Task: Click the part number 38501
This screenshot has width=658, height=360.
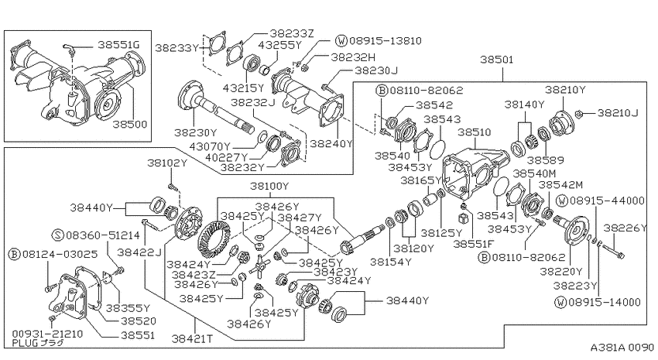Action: coord(496,60)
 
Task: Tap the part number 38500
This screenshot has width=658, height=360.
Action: coord(130,124)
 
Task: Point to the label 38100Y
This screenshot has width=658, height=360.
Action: coord(269,186)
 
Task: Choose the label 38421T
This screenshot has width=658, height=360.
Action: coord(192,338)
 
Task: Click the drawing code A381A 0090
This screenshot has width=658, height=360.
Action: coord(622,348)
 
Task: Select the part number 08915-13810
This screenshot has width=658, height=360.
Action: coord(386,41)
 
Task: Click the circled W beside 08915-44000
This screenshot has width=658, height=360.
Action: coord(562,201)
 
